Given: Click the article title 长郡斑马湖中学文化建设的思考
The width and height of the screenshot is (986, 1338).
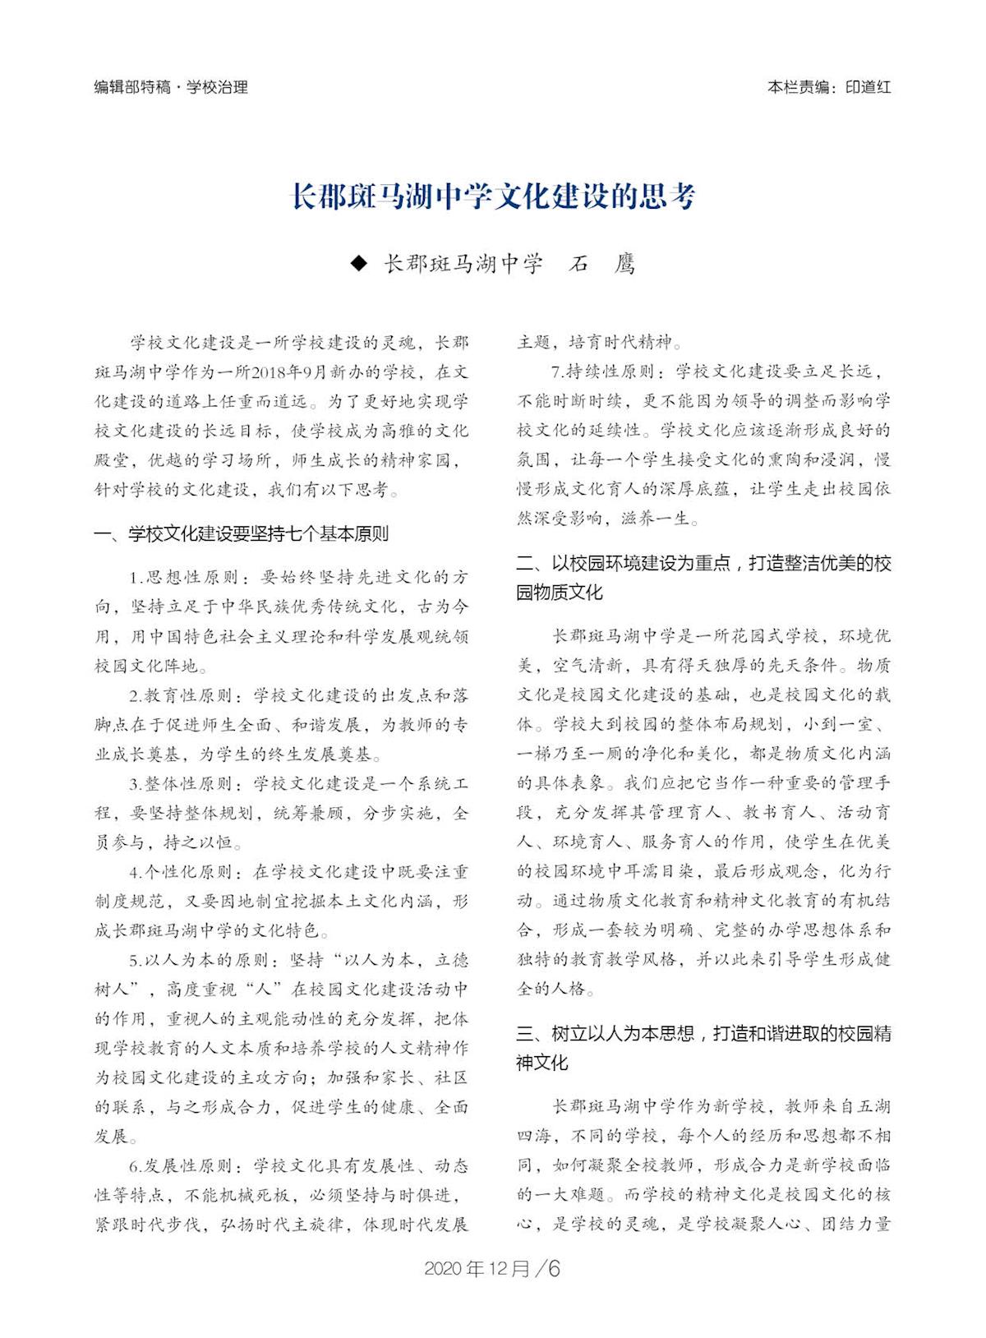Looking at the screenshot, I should click(x=494, y=197).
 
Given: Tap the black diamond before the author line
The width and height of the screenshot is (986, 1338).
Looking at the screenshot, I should click(x=358, y=263).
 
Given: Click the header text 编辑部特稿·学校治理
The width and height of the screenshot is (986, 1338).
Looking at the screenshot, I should click(x=171, y=87).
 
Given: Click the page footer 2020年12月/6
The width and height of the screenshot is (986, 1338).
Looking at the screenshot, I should click(x=492, y=1268).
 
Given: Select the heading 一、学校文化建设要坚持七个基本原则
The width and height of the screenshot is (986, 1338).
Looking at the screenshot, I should click(x=242, y=534).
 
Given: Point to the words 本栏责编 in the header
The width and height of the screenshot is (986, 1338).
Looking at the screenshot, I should click(x=797, y=87).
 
